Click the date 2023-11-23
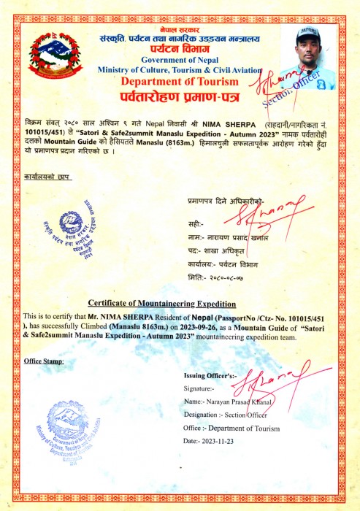(228, 441)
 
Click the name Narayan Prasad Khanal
(239, 401)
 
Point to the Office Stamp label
(44, 361)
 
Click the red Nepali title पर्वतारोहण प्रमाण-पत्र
(180, 98)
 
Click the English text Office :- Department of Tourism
(231, 428)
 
